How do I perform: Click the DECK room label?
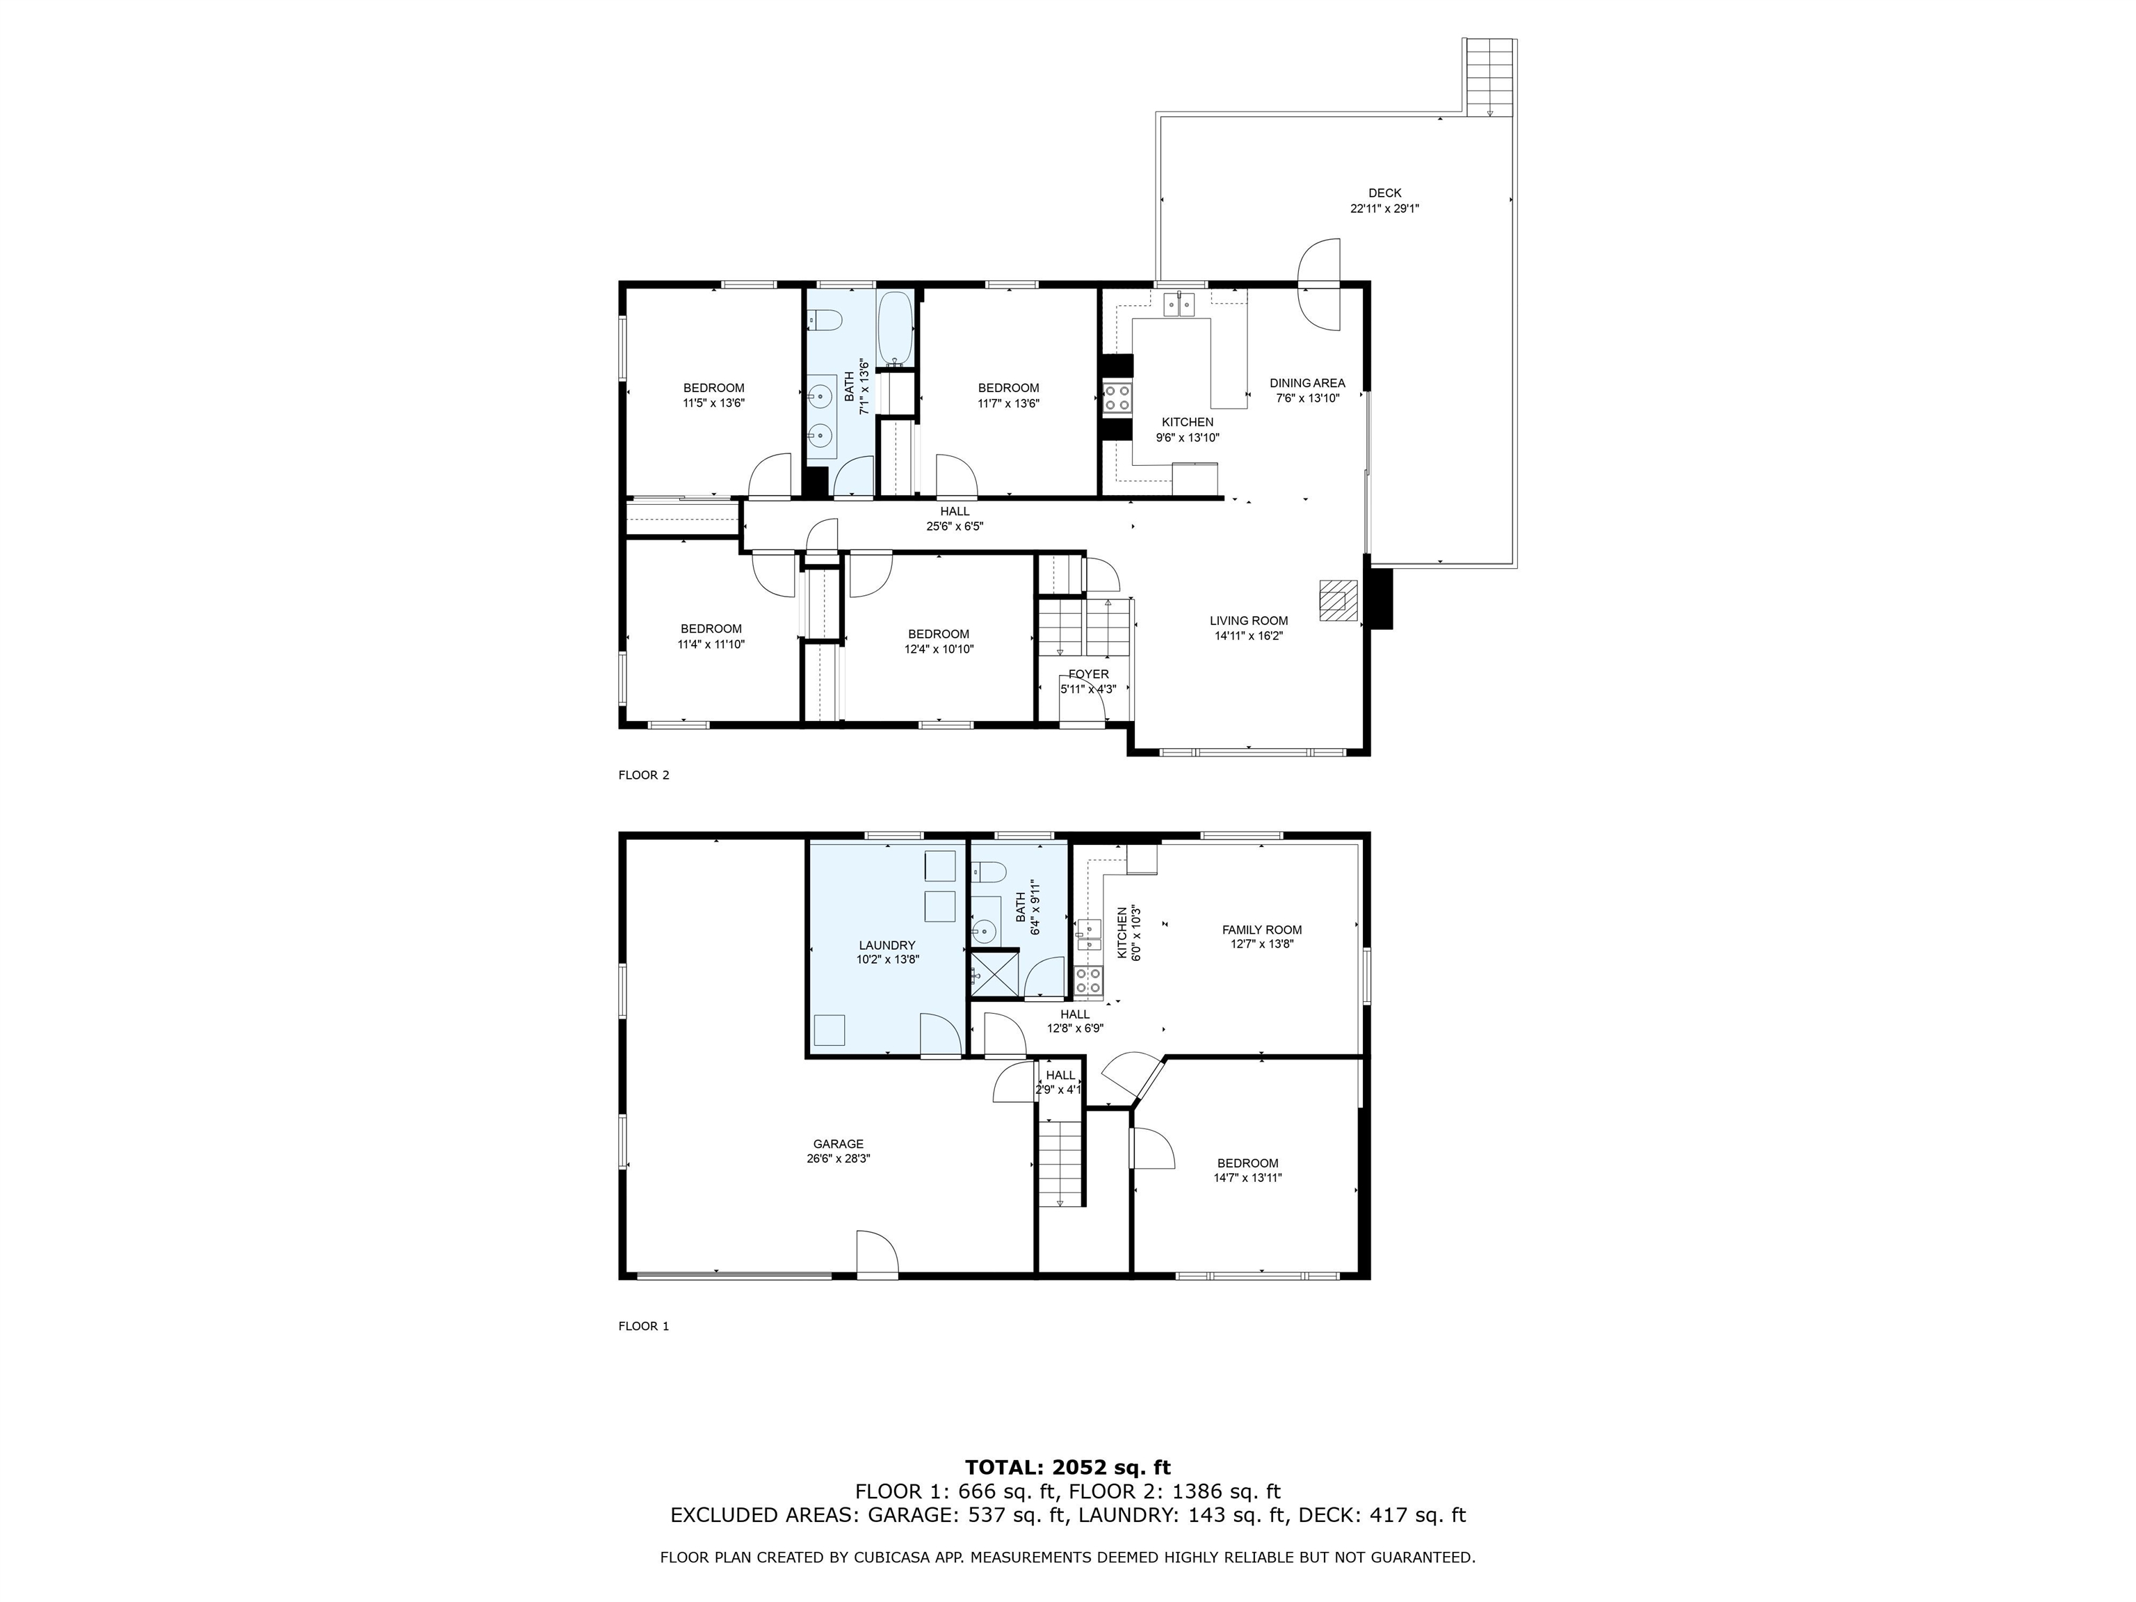(x=1384, y=193)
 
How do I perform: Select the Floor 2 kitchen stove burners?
(x=1117, y=398)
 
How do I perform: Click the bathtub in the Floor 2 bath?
(x=895, y=327)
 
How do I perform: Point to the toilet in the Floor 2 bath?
(x=825, y=318)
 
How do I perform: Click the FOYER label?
(x=1088, y=674)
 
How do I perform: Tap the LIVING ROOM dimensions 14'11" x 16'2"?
(x=1247, y=636)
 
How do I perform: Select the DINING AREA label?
(x=1306, y=383)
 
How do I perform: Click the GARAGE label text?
(x=837, y=1144)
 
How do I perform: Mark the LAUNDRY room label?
(x=887, y=946)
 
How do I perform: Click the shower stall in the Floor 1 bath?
(x=994, y=973)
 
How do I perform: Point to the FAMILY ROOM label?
(x=1261, y=930)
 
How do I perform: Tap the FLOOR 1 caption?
(x=643, y=1326)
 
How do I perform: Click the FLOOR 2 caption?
(x=643, y=775)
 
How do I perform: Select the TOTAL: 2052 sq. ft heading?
(x=1067, y=1468)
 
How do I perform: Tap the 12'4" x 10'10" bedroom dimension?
(x=939, y=650)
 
